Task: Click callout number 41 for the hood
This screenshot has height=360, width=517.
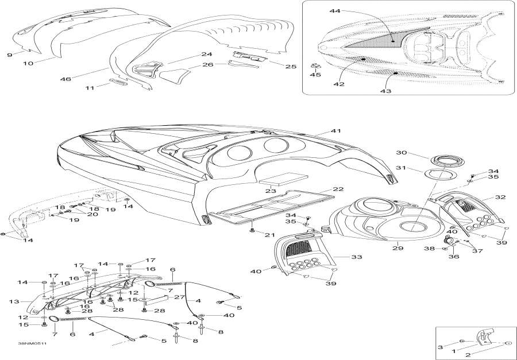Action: pyautogui.click(x=335, y=131)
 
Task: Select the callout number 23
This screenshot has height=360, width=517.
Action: pyautogui.click(x=271, y=191)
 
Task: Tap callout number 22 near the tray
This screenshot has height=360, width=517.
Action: pyautogui.click(x=338, y=189)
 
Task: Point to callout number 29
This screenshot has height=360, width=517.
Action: pyautogui.click(x=398, y=247)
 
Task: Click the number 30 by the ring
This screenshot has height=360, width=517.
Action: pyautogui.click(x=402, y=153)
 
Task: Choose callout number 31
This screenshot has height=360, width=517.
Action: pyautogui.click(x=401, y=168)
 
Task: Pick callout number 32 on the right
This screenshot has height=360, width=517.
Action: pyautogui.click(x=500, y=197)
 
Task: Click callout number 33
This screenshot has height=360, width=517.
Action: pyautogui.click(x=356, y=257)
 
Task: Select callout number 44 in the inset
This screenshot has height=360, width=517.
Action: pyautogui.click(x=335, y=11)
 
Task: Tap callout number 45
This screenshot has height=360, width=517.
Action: pyautogui.click(x=315, y=75)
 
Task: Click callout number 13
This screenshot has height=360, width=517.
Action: pyautogui.click(x=14, y=301)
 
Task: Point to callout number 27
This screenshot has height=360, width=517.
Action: pyautogui.click(x=179, y=297)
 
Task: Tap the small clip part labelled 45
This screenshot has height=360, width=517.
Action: pyautogui.click(x=316, y=65)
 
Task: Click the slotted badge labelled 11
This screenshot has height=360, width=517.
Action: pyautogui.click(x=118, y=82)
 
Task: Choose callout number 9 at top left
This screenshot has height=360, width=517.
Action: pyautogui.click(x=10, y=55)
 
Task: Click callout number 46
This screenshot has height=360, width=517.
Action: pyautogui.click(x=65, y=79)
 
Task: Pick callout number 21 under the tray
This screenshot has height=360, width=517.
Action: pyautogui.click(x=270, y=235)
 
